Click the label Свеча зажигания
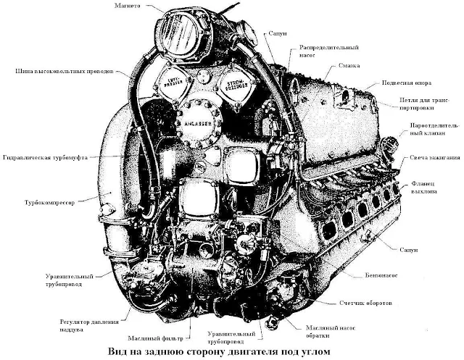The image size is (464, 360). click(x=434, y=158)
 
